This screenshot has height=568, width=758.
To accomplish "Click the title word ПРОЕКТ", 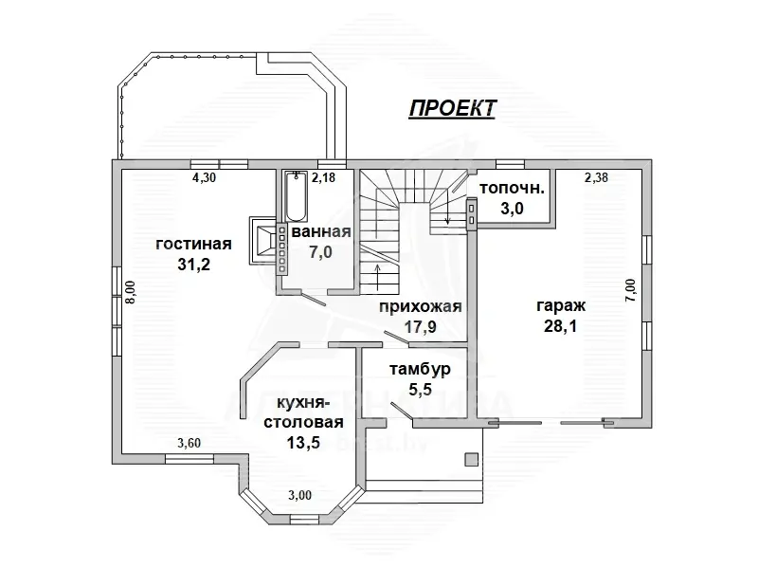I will pyautogui.click(x=452, y=108).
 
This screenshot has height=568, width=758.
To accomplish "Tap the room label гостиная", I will pyautogui.click(x=194, y=244).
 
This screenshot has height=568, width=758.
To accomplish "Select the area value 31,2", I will pyautogui.click(x=193, y=265).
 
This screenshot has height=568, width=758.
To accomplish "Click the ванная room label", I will pyautogui.click(x=322, y=232).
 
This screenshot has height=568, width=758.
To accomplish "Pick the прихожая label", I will pyautogui.click(x=420, y=306).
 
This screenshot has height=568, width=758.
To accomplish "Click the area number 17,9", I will pyautogui.click(x=420, y=327).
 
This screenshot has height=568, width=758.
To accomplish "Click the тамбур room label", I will pyautogui.click(x=420, y=368).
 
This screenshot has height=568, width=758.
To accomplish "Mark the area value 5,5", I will pyautogui.click(x=420, y=389).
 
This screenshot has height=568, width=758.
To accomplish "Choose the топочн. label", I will pyautogui.click(x=512, y=187).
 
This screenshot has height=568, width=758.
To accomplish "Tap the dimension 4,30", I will pyautogui.click(x=205, y=177).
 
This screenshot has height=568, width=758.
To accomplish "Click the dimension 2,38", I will pyautogui.click(x=596, y=177).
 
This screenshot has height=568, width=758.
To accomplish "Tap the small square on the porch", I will pyautogui.click(x=471, y=460).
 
